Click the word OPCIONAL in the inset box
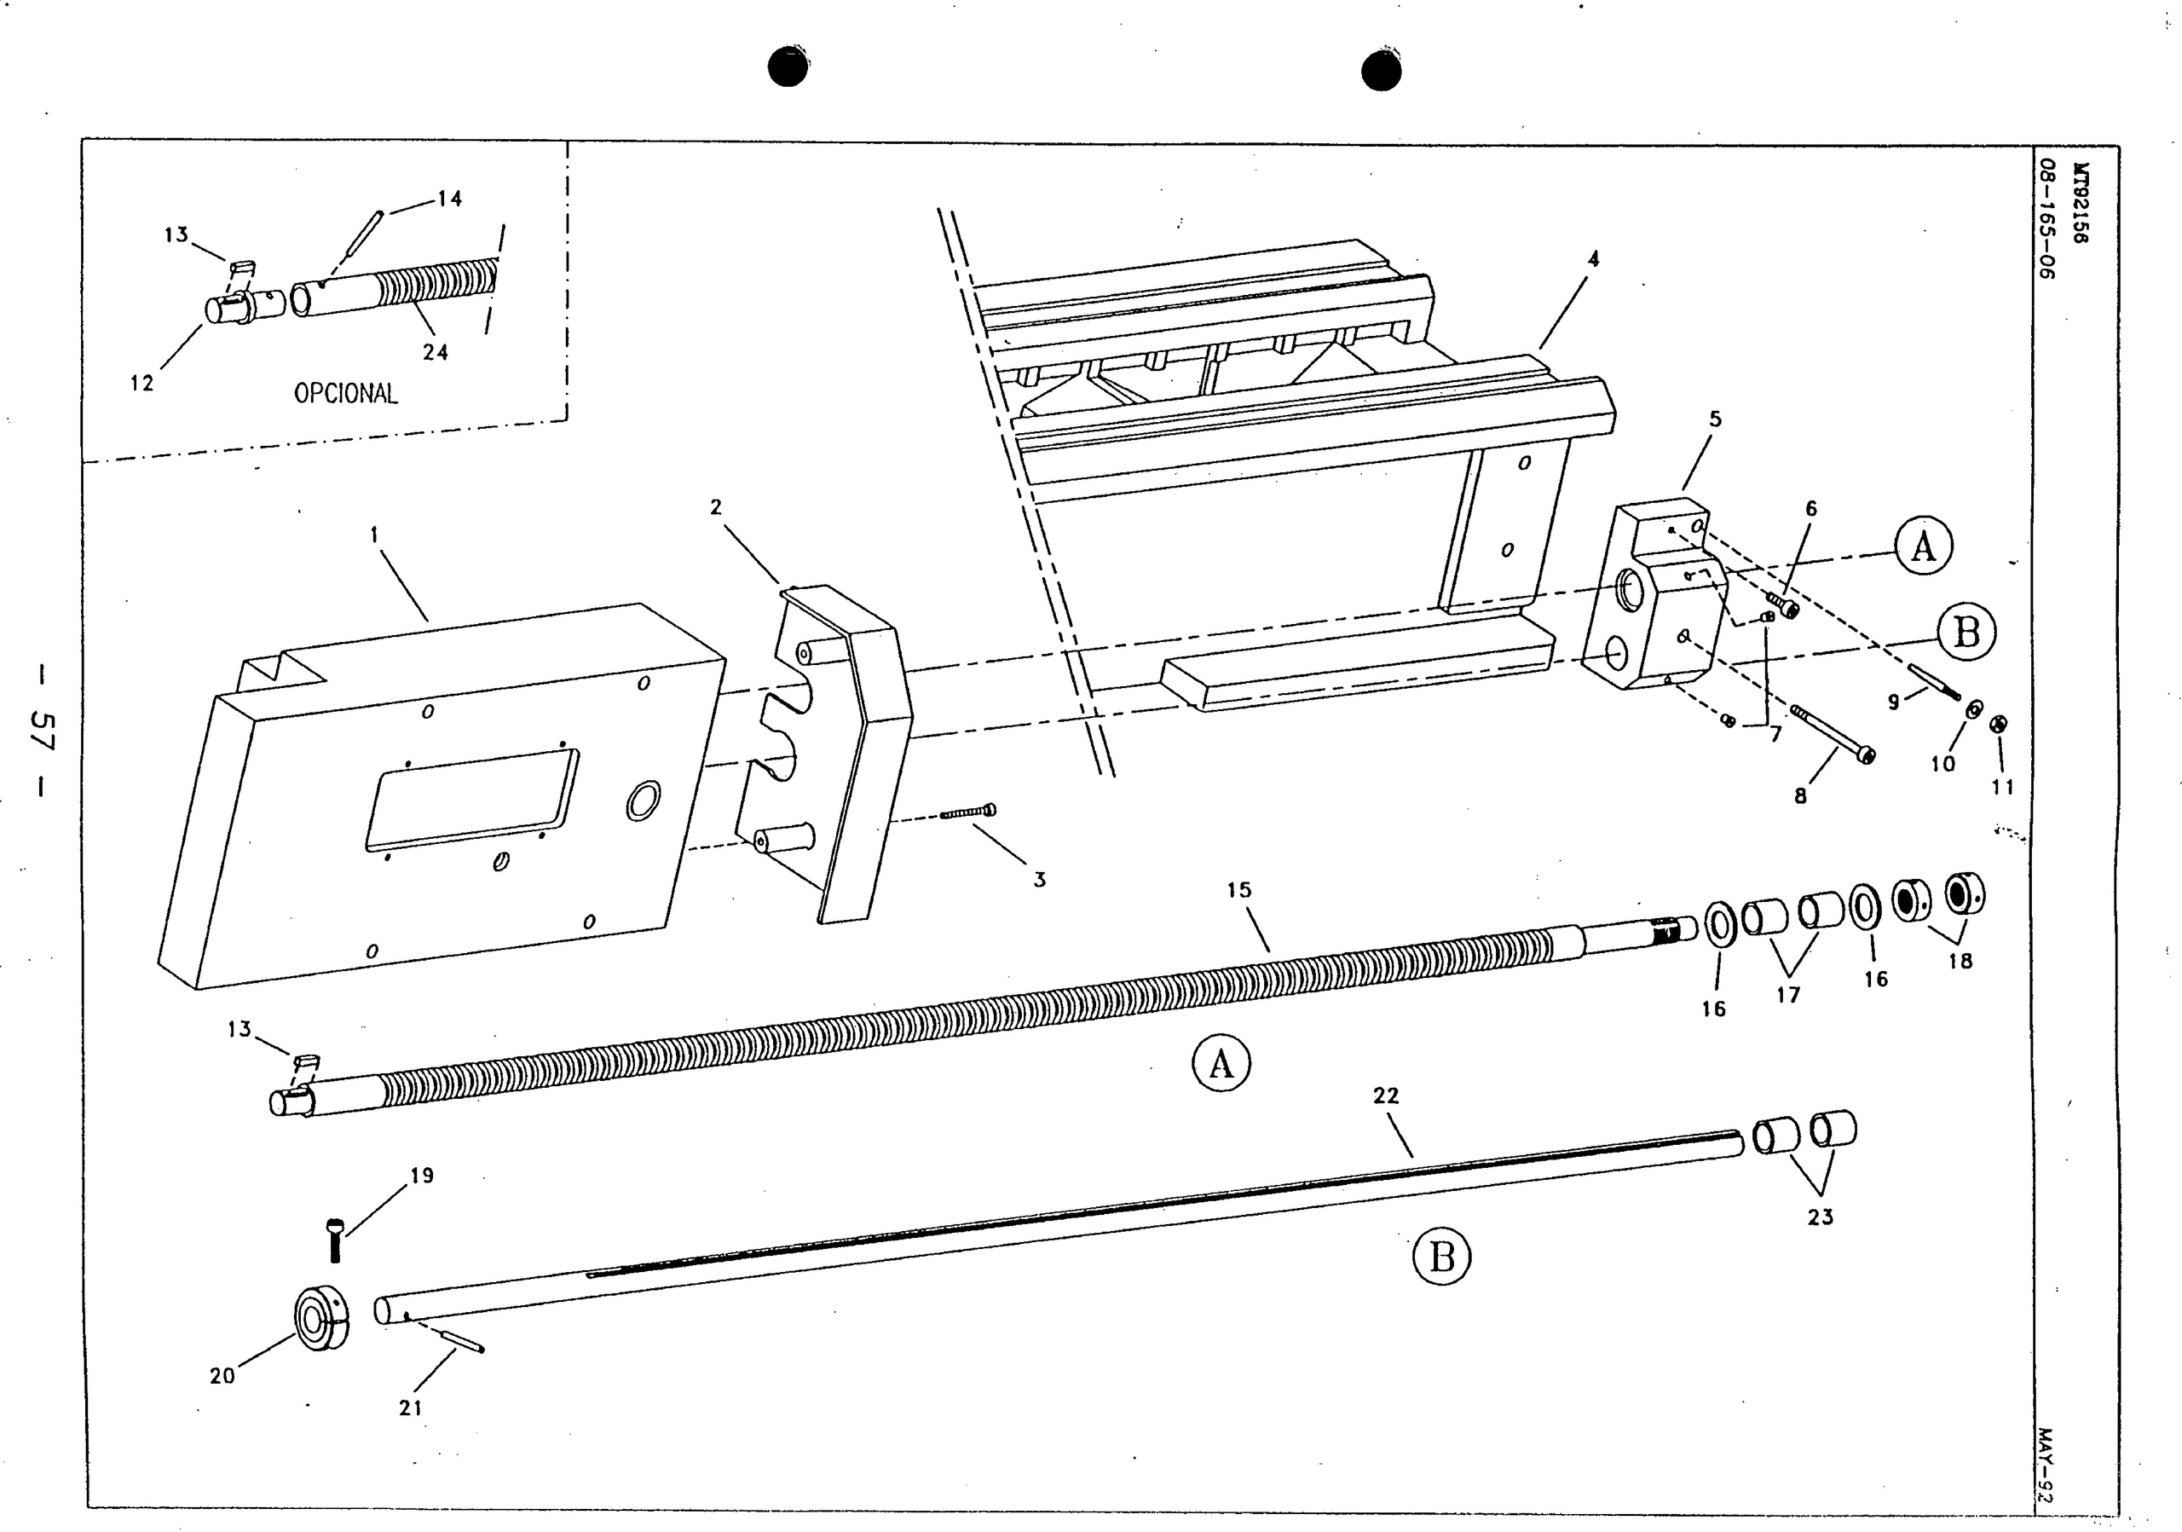[x=345, y=392]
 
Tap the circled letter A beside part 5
[x=1923, y=546]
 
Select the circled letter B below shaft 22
[x=1440, y=1257]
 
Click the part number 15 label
[x=1239, y=891]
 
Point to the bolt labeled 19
[x=333, y=1240]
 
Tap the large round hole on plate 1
[x=644, y=801]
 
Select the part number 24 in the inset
[x=436, y=351]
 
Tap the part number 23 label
[x=1819, y=1217]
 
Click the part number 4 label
[x=1594, y=258]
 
